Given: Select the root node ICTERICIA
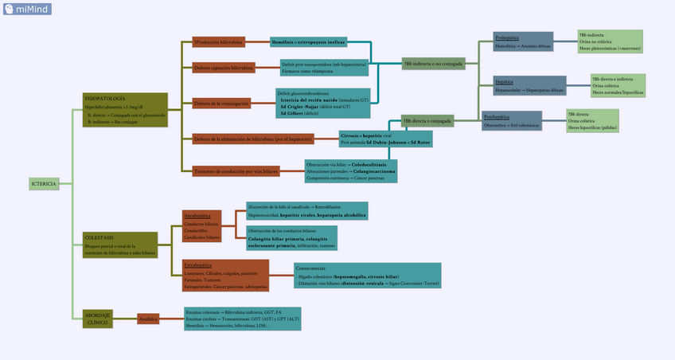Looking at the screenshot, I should pos(44,184).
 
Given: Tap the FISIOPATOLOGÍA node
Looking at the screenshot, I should pos(126,109).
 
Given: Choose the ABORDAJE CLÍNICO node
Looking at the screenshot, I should pos(98,319).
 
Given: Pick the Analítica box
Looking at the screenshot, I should pos(148,319).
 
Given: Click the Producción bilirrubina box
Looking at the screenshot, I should pos(218,41).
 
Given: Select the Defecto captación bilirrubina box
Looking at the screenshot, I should pos(224,68).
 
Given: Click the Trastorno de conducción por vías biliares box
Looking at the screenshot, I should pos(237,170).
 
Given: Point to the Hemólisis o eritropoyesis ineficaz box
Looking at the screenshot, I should pos(308,41).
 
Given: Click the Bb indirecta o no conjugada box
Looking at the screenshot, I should pos(433,64).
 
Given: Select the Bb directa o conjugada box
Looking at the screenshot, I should pos(427,121).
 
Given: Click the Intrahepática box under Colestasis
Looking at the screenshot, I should pos(201,226).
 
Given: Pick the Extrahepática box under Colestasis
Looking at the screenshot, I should pos(225,275).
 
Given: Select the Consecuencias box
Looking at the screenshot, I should pos(367,274).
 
